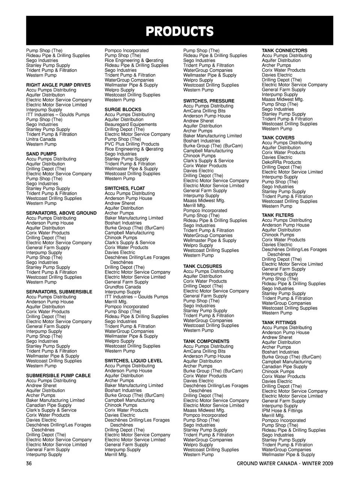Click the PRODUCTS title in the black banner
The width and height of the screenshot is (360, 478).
tap(180, 32)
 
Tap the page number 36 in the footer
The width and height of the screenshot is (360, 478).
tap(29, 463)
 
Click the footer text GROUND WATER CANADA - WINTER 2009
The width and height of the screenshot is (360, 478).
tap(285, 463)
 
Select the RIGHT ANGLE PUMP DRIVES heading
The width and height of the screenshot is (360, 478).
tap(58, 85)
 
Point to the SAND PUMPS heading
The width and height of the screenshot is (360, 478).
tap(41, 154)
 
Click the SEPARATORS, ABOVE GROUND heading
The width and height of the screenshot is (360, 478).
tap(61, 213)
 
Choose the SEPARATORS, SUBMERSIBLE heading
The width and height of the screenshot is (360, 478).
tap(59, 292)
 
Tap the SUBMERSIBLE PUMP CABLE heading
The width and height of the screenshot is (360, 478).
tap(58, 376)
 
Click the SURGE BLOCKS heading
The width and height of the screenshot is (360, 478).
tap(123, 110)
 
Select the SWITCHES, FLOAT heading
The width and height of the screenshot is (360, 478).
tap(125, 188)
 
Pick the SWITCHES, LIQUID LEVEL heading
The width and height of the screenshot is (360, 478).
tap(133, 361)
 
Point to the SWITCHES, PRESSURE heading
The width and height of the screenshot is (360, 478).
tap(209, 101)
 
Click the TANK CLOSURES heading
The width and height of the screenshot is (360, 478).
tap(202, 266)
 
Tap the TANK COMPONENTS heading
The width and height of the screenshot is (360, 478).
tap(206, 341)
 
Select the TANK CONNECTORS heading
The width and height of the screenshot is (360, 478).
tap(285, 51)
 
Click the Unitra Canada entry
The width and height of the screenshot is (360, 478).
tap(41, 139)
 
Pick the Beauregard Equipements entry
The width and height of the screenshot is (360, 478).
tap(131, 125)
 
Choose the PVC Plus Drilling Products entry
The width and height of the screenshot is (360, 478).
tap(132, 144)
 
